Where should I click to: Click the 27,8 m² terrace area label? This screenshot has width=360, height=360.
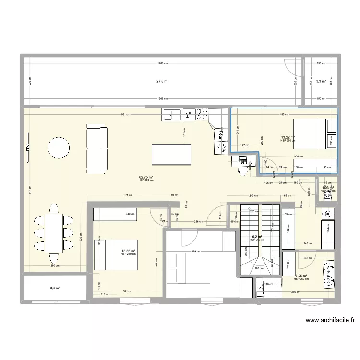click(x=162, y=81)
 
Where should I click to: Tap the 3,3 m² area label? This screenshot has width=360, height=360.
click(x=320, y=81)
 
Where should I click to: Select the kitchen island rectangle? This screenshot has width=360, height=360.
click(x=171, y=154)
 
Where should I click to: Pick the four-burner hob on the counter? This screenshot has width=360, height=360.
click(x=201, y=114)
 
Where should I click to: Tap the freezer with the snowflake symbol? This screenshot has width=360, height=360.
click(x=221, y=148)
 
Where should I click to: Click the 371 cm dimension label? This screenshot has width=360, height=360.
click(x=127, y=195)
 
